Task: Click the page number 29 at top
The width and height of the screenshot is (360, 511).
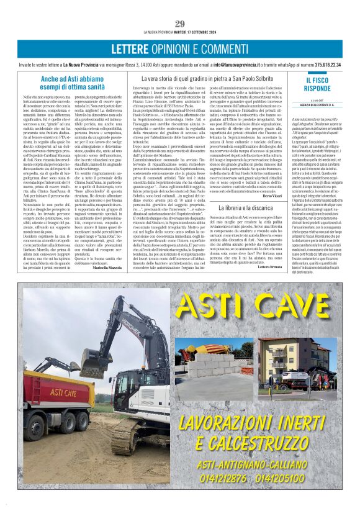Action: (x=180, y=24)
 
